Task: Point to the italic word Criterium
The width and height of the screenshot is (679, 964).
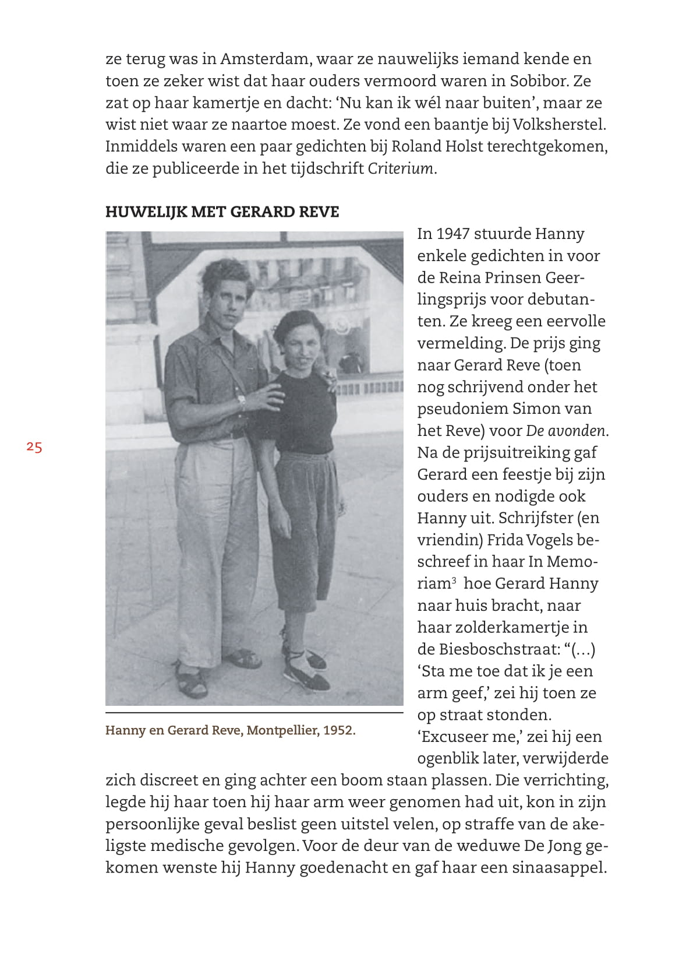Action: pyautogui.click(x=401, y=168)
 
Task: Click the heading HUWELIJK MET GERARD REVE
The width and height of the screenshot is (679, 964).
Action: pyautogui.click(x=222, y=212)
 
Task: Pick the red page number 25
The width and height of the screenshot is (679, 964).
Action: pyautogui.click(x=34, y=447)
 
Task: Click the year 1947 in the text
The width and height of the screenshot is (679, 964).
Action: pyautogui.click(x=452, y=234)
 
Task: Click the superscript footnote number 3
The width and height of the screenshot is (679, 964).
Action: pyautogui.click(x=454, y=580)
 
